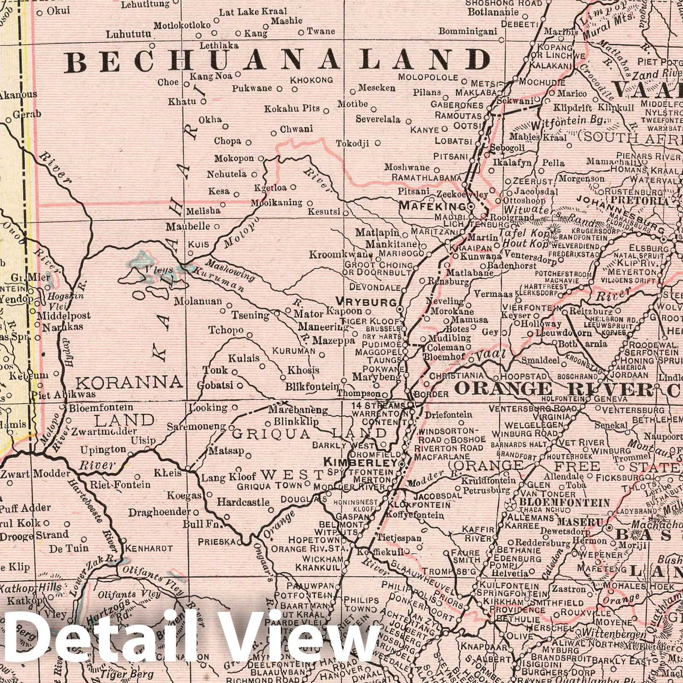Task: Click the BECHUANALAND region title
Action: (277, 60)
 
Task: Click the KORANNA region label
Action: (129, 381)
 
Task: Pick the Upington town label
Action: (104, 449)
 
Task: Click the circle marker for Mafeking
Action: (471, 207)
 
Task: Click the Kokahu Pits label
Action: (292, 109)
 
